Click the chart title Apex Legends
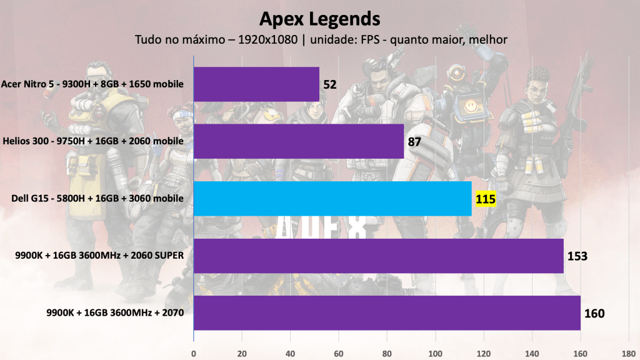pyautogui.click(x=319, y=16)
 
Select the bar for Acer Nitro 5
pyautogui.click(x=256, y=84)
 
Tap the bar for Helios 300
pyautogui.click(x=299, y=141)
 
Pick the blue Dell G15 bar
pyautogui.click(x=332, y=199)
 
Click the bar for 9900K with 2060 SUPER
pyautogui.click(x=378, y=256)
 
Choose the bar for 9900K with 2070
pyautogui.click(x=387, y=312)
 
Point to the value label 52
pyautogui.click(x=331, y=84)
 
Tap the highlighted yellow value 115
pyautogui.click(x=485, y=199)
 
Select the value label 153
pyautogui.click(x=577, y=256)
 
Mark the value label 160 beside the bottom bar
pyautogui.click(x=594, y=313)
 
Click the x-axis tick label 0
pyautogui.click(x=194, y=353)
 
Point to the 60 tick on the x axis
pyautogui.click(x=339, y=353)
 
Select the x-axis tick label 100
pyautogui.click(x=436, y=353)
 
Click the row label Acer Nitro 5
pyautogui.click(x=92, y=84)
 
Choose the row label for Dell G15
pyautogui.click(x=97, y=199)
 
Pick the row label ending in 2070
pyautogui.click(x=115, y=312)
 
